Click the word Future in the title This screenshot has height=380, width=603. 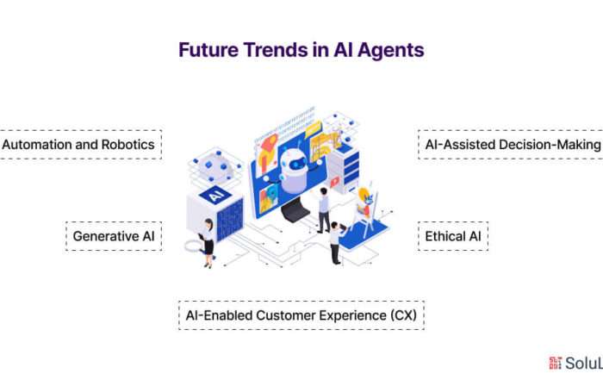coord(208,50)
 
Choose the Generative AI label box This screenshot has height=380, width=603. coord(114,236)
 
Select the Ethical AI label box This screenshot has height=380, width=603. coord(453,236)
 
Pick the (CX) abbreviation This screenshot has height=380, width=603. coord(403,315)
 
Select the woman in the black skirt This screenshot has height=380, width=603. coord(207,243)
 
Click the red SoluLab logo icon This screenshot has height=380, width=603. coord(555,363)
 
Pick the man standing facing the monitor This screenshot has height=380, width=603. coord(324,210)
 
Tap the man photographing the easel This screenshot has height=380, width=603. coord(336,243)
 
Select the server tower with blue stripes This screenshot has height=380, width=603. coord(345,170)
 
